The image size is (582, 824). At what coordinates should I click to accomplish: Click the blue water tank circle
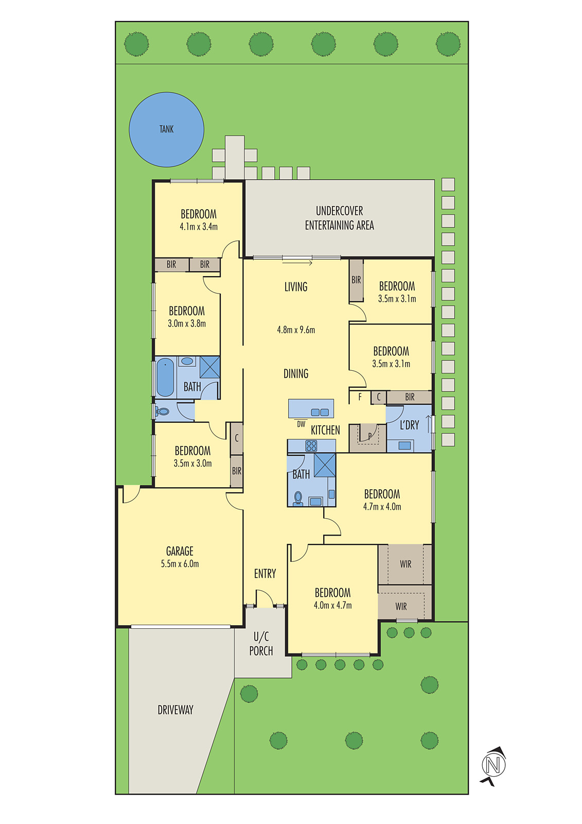pyautogui.click(x=166, y=129)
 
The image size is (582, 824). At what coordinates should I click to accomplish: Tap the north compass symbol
pyautogui.click(x=493, y=765)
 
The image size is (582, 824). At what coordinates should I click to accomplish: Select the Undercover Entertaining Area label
pyautogui.click(x=339, y=218)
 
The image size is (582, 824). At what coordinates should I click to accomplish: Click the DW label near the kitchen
pyautogui.click(x=301, y=424)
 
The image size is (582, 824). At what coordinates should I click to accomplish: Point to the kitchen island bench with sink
pyautogui.click(x=311, y=408)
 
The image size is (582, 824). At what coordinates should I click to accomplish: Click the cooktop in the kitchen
pyautogui.click(x=311, y=446)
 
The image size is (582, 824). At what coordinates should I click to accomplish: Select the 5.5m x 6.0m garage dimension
pyautogui.click(x=180, y=564)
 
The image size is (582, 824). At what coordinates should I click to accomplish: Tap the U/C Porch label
pyautogui.click(x=261, y=644)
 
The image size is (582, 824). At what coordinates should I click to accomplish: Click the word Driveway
pyautogui.click(x=175, y=710)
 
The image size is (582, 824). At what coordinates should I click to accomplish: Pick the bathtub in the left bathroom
pyautogui.click(x=165, y=377)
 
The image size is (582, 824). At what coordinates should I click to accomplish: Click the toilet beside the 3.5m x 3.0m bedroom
pyautogui.click(x=162, y=411)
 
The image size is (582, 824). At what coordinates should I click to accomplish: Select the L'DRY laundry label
pyautogui.click(x=409, y=425)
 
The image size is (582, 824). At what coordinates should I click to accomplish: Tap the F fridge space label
pyautogui.click(x=360, y=397)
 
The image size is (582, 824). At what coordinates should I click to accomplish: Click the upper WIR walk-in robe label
pyautogui.click(x=405, y=564)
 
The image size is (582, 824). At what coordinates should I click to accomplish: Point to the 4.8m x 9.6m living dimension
pyautogui.click(x=296, y=330)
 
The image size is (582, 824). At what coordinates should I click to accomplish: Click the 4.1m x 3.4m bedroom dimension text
pyautogui.click(x=199, y=227)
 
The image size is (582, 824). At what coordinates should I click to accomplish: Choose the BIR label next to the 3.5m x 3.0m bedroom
pyautogui.click(x=236, y=471)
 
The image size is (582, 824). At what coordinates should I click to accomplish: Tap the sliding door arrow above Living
pyautogui.click(x=297, y=263)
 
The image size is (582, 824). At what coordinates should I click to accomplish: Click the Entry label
pyautogui.click(x=265, y=574)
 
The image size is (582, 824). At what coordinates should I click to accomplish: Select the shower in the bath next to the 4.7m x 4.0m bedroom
pyautogui.click(x=325, y=465)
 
